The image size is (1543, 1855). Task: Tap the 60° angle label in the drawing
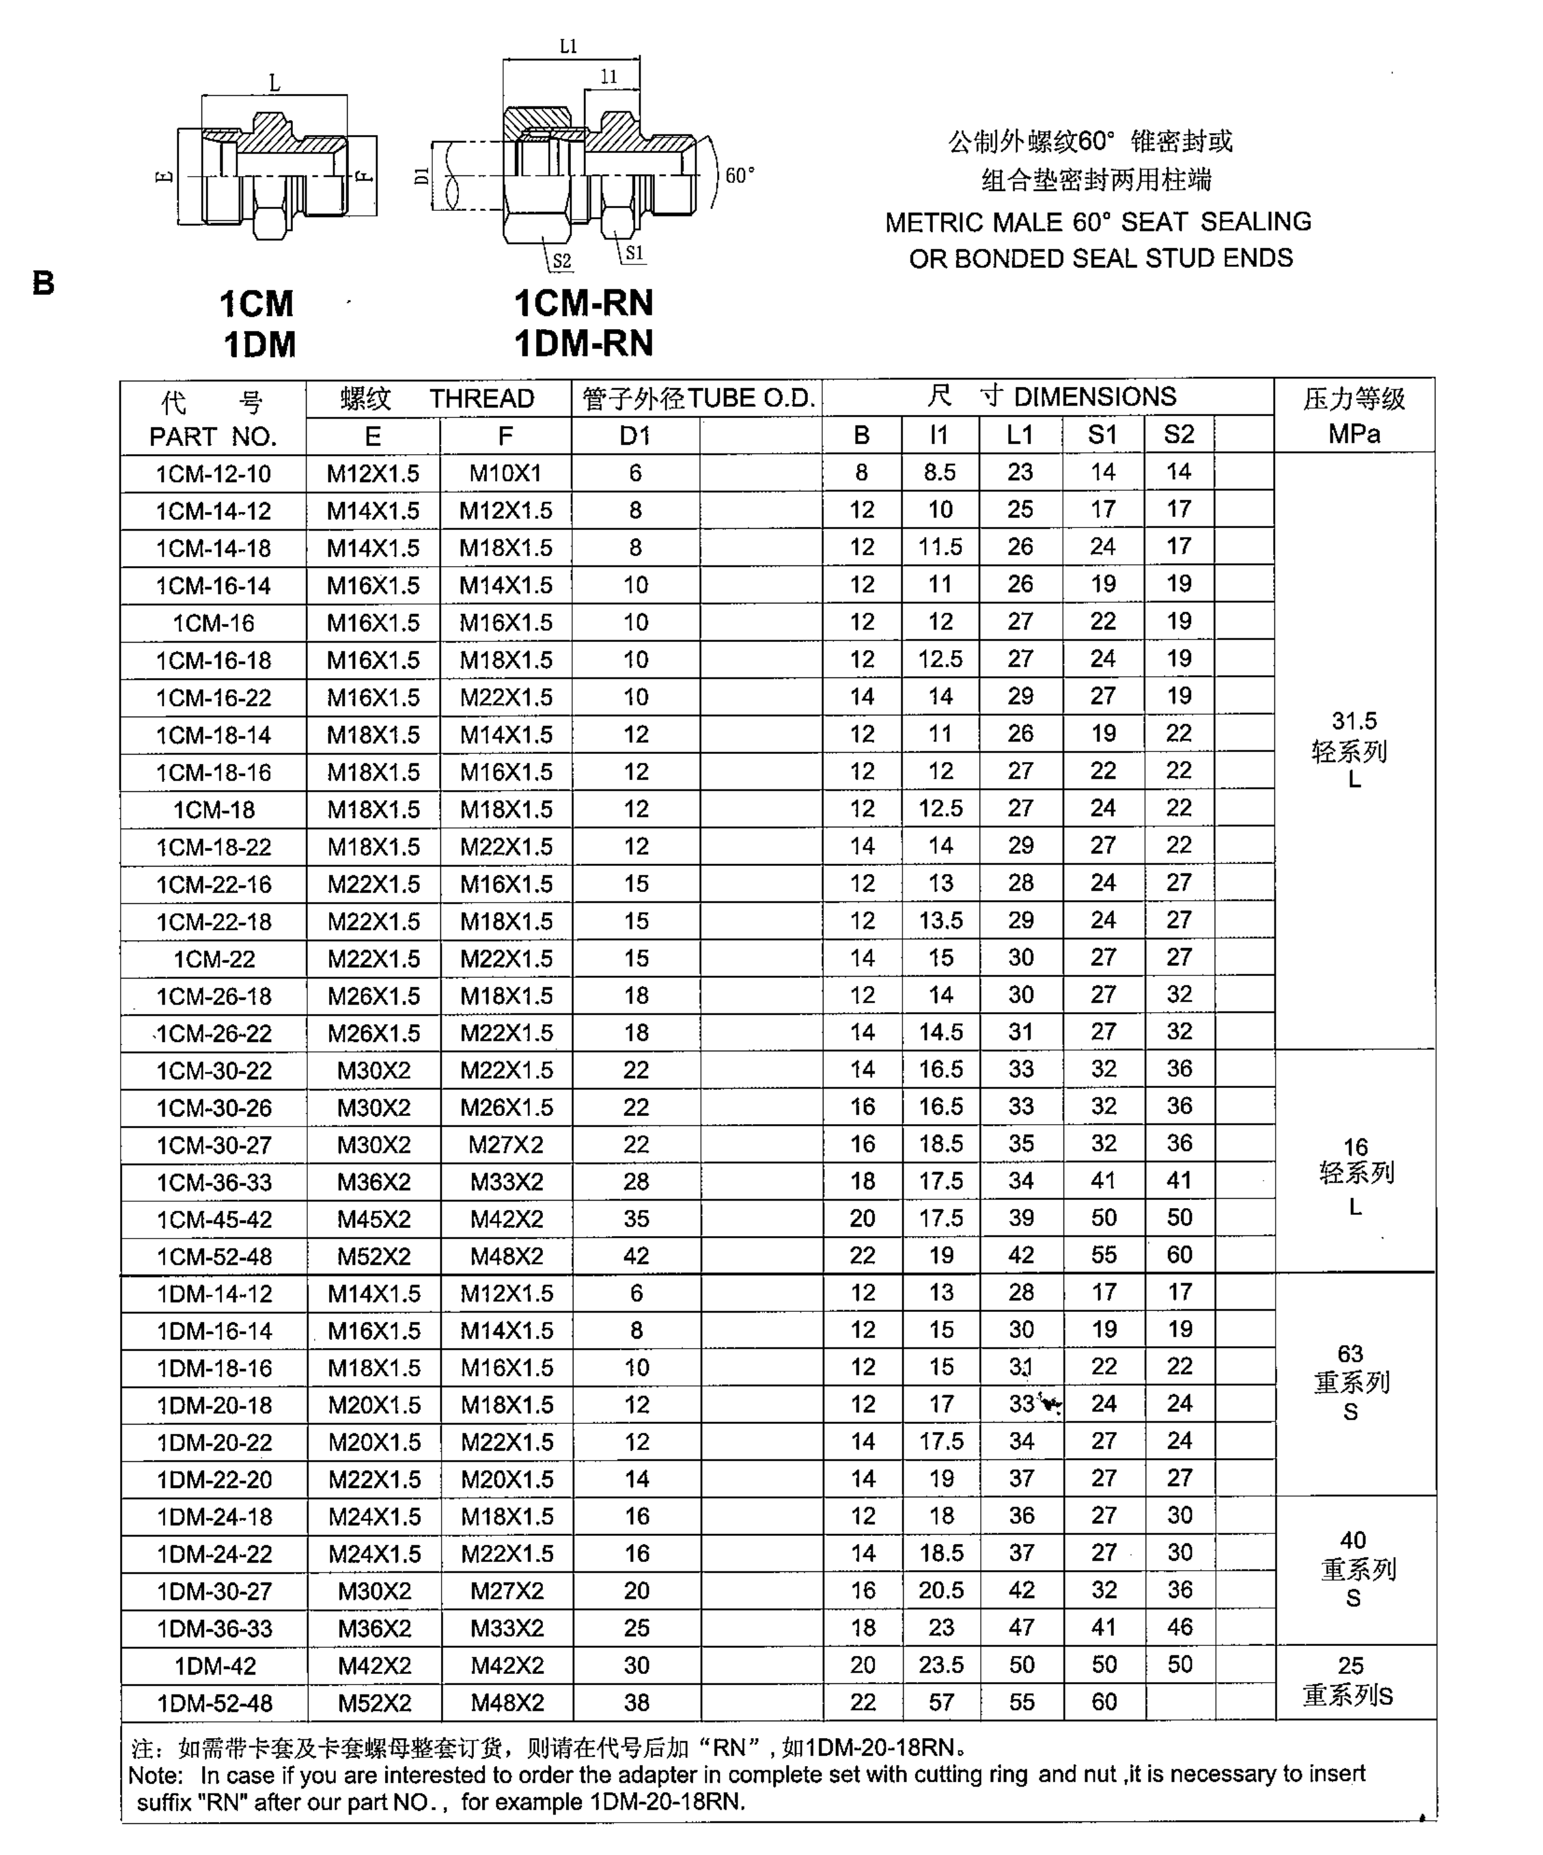[739, 176]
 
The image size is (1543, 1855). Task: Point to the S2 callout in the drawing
[562, 261]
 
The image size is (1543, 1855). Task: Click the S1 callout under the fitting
[634, 254]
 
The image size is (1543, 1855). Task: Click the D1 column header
[635, 435]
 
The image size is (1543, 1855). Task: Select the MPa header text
[1354, 434]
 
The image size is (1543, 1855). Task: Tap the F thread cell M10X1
[505, 473]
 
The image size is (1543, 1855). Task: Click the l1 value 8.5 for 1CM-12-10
[940, 473]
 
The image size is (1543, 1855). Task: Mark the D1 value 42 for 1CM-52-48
[636, 1255]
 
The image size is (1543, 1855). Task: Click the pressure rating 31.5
[1354, 721]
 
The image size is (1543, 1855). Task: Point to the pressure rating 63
[1350, 1354]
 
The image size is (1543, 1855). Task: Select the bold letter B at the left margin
[44, 284]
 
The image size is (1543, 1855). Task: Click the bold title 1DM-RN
[584, 343]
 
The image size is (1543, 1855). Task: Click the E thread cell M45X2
[374, 1219]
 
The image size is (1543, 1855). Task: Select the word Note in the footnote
[155, 1775]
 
